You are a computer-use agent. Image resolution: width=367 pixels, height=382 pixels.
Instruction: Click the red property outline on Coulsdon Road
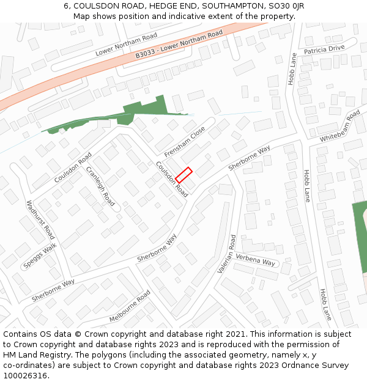click(184, 175)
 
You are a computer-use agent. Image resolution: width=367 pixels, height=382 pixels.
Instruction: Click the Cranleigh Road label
click(100, 186)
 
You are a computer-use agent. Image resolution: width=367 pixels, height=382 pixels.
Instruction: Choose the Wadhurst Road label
click(41, 219)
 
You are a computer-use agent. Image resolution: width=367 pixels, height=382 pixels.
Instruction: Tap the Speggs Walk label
click(40, 256)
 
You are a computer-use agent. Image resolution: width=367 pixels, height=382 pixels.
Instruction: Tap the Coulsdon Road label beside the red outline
click(172, 179)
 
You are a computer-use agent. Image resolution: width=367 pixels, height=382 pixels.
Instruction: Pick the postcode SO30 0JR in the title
click(284, 6)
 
